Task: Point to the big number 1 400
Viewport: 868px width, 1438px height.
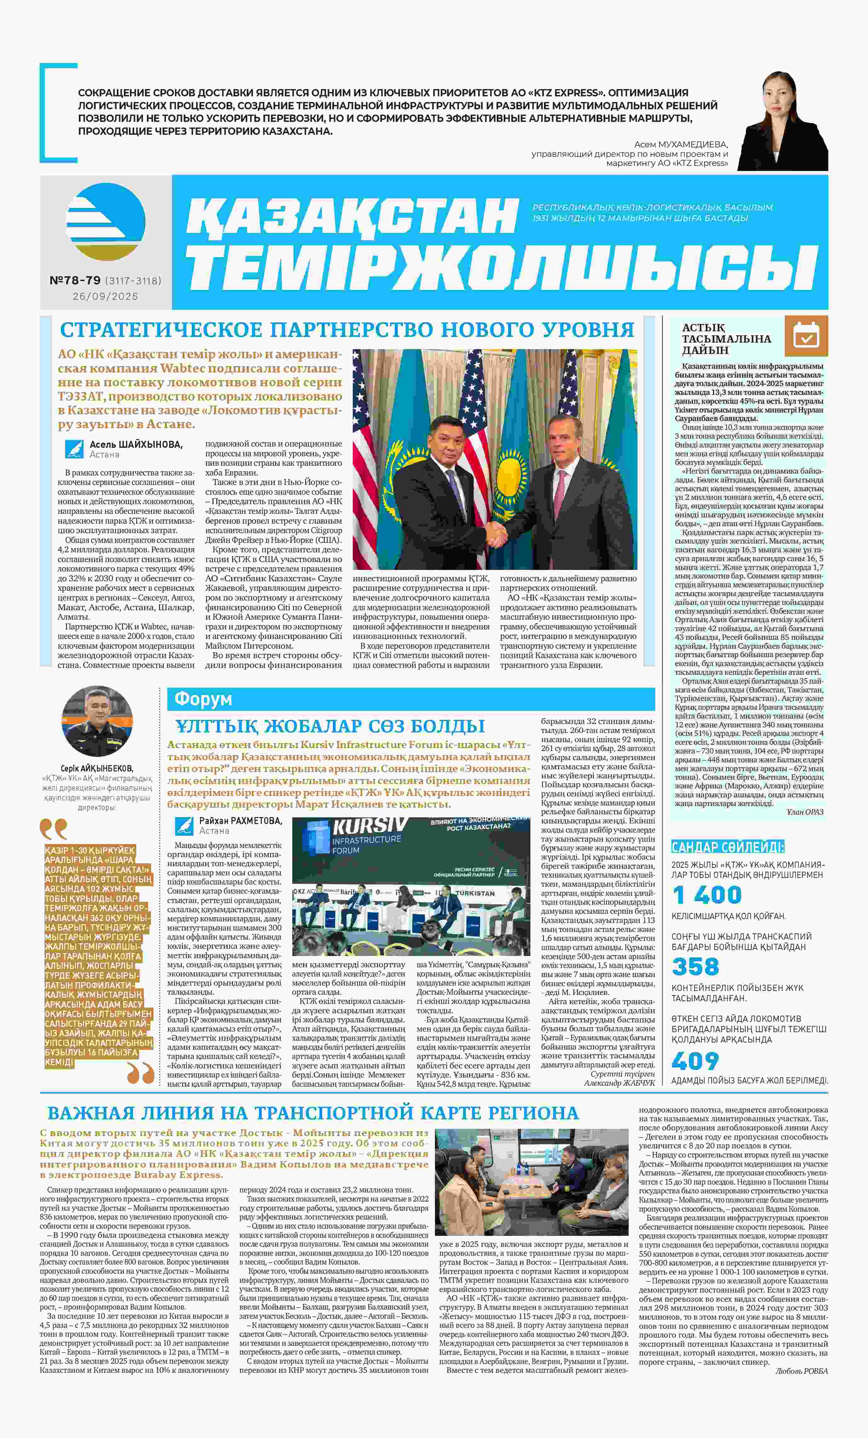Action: click(x=706, y=895)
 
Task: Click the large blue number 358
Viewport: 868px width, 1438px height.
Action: click(x=695, y=966)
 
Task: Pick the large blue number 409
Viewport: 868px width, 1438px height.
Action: click(x=695, y=1061)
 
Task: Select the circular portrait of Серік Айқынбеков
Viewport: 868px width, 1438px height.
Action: click(x=98, y=721)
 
